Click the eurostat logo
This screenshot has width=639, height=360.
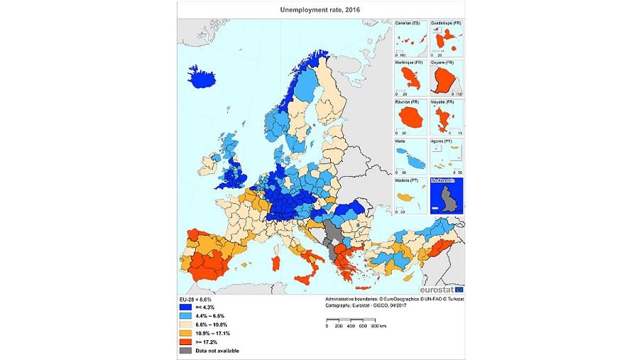click(440, 290)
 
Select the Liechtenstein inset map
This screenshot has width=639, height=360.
click(447, 195)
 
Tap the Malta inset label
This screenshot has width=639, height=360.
click(402, 143)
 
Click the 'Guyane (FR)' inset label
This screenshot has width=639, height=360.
click(444, 63)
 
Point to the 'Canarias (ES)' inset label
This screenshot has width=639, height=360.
click(408, 23)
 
